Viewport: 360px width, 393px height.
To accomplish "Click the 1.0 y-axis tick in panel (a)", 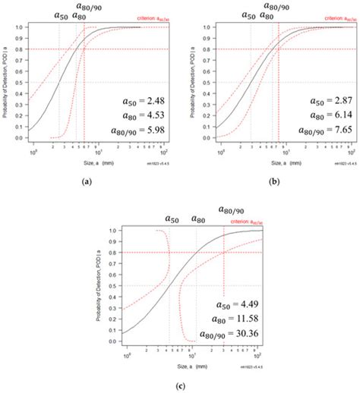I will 23,26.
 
